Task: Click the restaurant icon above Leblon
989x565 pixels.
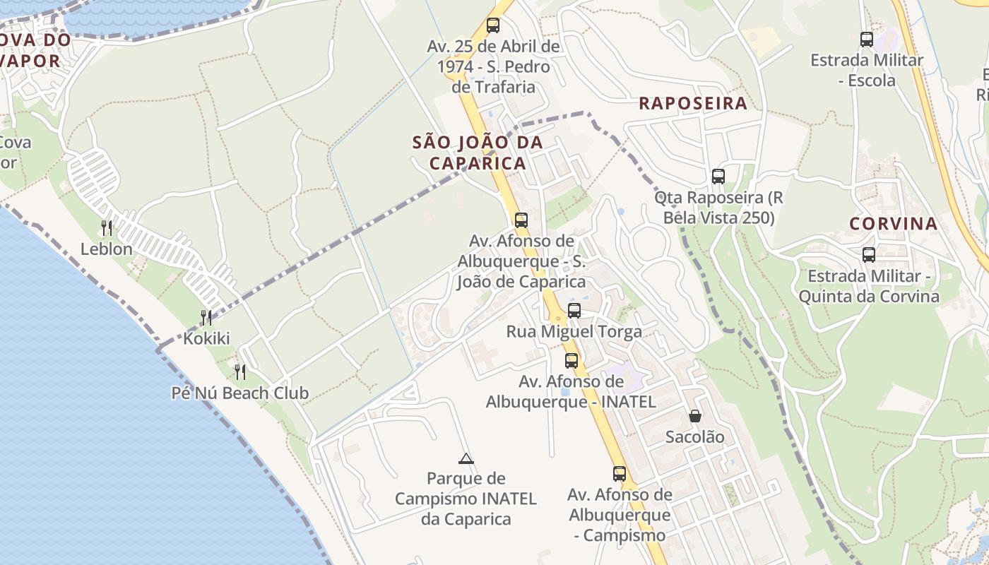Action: tap(107, 227)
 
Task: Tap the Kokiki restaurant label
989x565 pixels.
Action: tap(206, 338)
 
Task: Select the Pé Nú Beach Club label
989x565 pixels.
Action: tap(240, 393)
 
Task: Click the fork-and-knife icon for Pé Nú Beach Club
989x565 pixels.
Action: tap(240, 371)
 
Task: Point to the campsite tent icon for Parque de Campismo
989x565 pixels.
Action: tap(466, 458)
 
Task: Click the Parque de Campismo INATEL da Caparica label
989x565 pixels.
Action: tap(466, 499)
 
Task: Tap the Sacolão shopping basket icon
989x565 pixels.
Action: tap(695, 416)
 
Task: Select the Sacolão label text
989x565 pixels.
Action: tap(695, 437)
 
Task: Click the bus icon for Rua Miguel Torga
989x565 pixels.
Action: tap(574, 310)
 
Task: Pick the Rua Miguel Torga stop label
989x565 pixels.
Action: tap(574, 331)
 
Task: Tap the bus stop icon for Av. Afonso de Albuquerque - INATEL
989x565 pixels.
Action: tap(571, 360)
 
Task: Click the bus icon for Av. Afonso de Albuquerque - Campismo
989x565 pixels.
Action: tap(620, 473)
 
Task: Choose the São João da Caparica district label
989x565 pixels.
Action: tap(478, 153)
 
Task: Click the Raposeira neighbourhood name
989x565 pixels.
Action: tap(693, 103)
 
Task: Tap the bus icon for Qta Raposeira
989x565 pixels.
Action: tap(718, 176)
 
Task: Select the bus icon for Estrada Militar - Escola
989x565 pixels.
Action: tap(867, 39)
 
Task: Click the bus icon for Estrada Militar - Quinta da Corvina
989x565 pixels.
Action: tap(869, 254)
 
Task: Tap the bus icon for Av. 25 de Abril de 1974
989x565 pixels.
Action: tap(493, 25)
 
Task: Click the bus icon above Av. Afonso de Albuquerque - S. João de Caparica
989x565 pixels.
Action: tap(521, 220)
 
